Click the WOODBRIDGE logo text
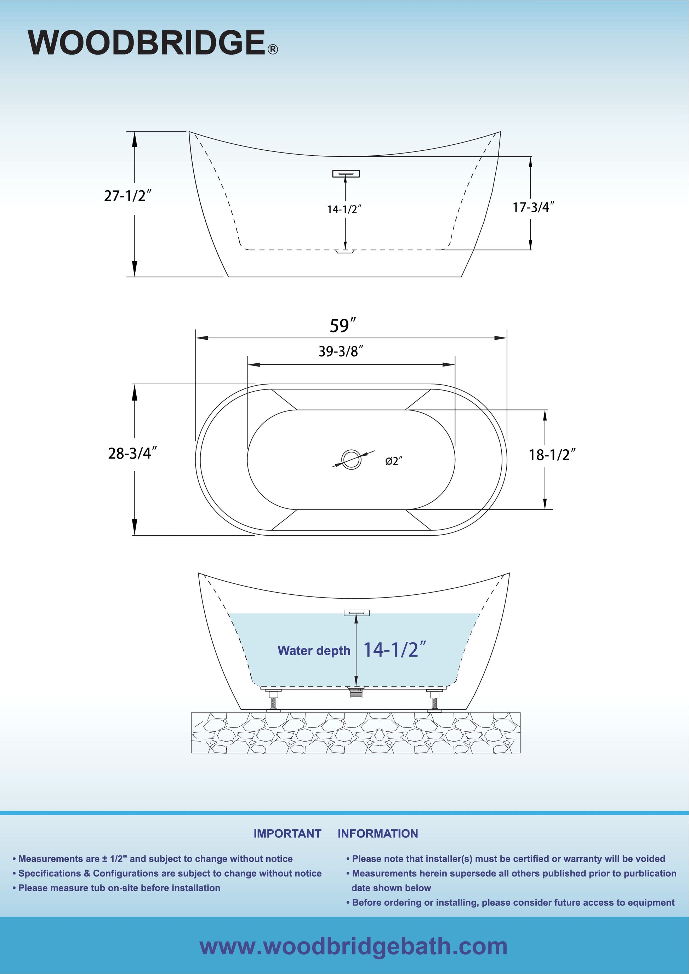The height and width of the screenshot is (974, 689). [147, 42]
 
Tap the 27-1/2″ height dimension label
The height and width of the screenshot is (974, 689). [128, 196]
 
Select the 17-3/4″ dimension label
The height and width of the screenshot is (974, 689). [534, 207]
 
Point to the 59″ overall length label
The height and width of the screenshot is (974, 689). [343, 325]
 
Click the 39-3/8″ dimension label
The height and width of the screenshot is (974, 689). [341, 351]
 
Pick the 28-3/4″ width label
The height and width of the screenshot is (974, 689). [132, 453]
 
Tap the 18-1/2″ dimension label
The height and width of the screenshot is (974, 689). [552, 455]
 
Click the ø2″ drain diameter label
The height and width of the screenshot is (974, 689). [393, 461]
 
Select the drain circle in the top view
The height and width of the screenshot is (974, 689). [351, 459]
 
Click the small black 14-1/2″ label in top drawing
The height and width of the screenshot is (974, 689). [344, 209]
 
